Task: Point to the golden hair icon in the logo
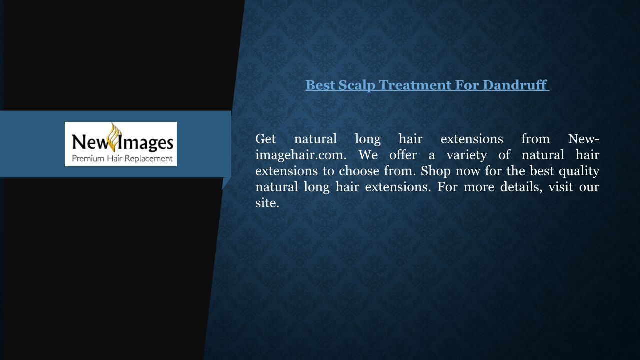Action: (x=115, y=137)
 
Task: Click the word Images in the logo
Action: (x=145, y=142)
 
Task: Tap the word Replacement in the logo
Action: (x=149, y=159)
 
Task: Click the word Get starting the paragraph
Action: (x=265, y=139)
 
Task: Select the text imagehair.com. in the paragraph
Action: (x=301, y=155)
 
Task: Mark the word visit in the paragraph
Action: (x=561, y=187)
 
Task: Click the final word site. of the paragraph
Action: (x=267, y=203)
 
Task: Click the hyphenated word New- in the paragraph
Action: (x=583, y=139)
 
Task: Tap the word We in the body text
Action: (x=368, y=155)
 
